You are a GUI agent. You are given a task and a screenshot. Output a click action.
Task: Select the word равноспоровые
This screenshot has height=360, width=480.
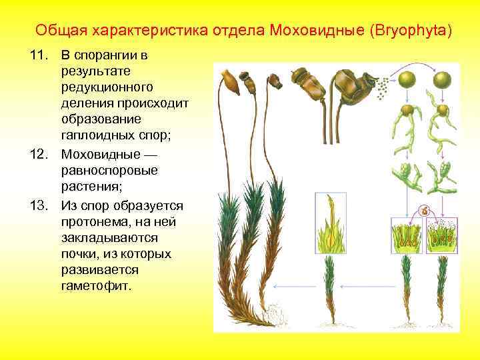(109, 171)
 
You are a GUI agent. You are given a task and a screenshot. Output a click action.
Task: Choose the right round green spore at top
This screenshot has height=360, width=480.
(442, 81)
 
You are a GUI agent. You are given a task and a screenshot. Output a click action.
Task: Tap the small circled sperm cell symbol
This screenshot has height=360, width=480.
(423, 211)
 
